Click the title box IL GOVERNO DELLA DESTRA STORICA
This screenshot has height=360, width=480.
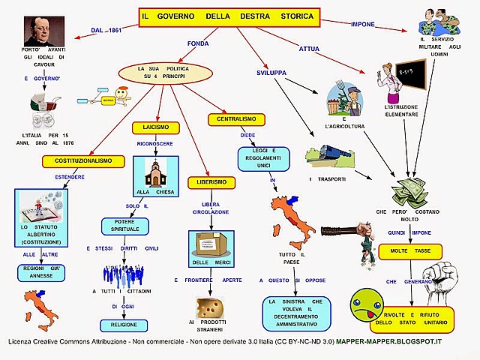pos(229,16)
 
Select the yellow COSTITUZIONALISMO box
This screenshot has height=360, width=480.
pos(77,161)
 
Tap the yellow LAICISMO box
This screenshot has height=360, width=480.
pos(155,127)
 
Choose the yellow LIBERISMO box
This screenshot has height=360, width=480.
pos(211,182)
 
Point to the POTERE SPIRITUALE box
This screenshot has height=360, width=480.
pos(132,226)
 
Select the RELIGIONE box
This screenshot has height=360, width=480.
pos(125,325)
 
